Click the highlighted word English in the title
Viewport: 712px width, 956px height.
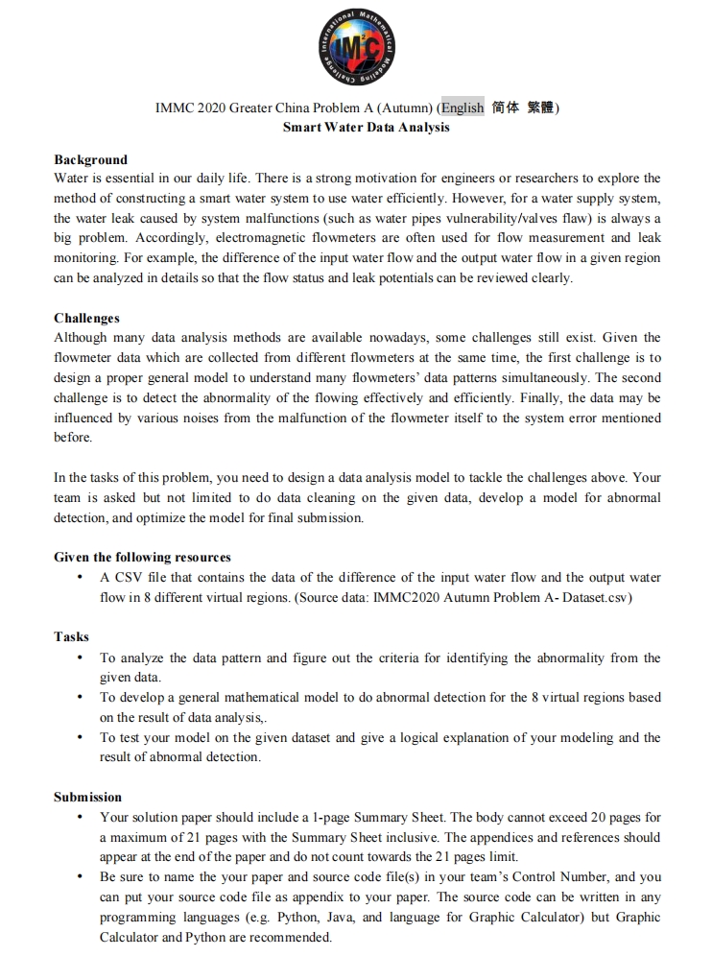coord(463,108)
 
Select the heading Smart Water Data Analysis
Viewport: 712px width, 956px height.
coord(366,127)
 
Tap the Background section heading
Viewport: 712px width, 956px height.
coord(90,159)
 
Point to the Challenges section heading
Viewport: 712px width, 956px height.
coord(86,318)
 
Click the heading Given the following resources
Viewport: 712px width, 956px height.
coord(142,557)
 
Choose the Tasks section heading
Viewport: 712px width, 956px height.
coord(71,636)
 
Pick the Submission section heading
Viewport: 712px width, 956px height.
coord(87,797)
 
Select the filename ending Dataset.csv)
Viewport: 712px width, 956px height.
coord(596,597)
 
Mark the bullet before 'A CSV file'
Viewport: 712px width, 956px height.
coord(79,578)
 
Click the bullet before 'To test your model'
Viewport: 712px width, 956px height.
coord(79,738)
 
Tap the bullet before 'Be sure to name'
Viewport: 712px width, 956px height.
coord(79,877)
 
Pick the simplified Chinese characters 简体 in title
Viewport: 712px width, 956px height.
coord(505,108)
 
